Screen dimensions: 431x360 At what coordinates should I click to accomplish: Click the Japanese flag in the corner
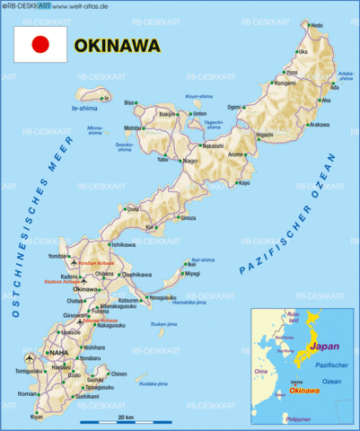(x=40, y=43)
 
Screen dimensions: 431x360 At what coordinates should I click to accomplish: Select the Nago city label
(x=190, y=161)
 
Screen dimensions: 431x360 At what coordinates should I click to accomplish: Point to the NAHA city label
(x=58, y=353)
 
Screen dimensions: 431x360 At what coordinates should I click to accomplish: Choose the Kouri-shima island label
(x=198, y=95)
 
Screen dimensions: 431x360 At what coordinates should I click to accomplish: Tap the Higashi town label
(x=264, y=135)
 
